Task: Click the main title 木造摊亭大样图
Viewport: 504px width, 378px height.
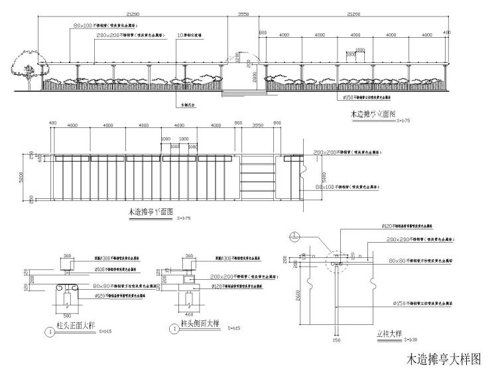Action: pos(442,359)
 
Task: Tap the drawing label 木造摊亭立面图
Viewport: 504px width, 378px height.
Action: pos(373,115)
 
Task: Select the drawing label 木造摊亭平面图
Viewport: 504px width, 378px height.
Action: pos(151,213)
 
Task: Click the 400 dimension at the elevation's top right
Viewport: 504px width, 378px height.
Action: pos(446,32)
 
